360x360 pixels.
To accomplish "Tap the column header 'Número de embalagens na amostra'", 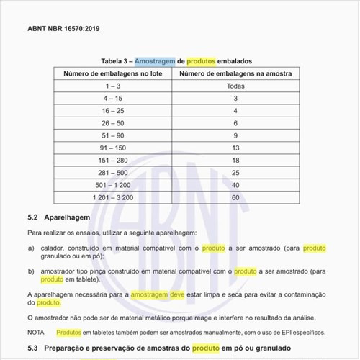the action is coord(235,73).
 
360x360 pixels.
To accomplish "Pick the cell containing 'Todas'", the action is coord(235,86).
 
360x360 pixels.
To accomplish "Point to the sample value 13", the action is coord(235,147).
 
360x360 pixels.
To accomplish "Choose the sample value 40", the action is coord(235,184).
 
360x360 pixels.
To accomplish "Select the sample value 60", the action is coord(235,197).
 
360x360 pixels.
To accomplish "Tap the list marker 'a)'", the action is coord(31,248).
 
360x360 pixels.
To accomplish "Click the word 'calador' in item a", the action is coord(55,248).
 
